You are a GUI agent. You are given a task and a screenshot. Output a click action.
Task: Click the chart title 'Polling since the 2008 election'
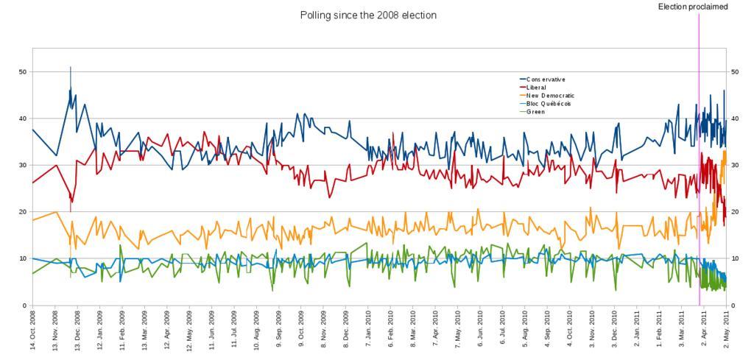(368, 15)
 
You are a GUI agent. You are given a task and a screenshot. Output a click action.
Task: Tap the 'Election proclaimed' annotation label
(693, 7)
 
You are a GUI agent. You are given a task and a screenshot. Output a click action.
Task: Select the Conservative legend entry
(546, 80)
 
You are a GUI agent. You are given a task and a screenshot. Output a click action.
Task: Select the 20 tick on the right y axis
(733, 212)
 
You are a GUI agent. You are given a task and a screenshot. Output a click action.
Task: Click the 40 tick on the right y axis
(733, 119)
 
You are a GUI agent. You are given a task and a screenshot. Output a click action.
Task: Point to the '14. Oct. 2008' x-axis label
(33, 331)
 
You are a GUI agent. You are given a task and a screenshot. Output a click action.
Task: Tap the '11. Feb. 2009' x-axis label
(122, 331)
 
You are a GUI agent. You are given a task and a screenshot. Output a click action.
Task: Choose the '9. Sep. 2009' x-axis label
(280, 331)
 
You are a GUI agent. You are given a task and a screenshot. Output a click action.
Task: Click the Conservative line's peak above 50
(71, 68)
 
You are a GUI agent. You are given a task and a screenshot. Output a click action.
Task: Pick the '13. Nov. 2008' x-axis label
(55, 331)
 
